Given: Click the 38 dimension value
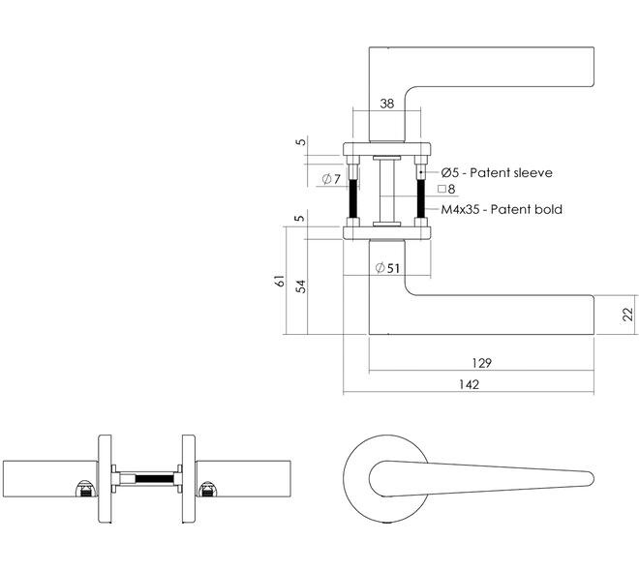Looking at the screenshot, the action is pyautogui.click(x=386, y=104).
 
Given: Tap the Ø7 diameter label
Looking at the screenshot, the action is pyautogui.click(x=331, y=179).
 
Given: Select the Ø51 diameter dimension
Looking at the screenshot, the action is pyautogui.click(x=387, y=268).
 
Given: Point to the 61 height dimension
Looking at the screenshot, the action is pyautogui.click(x=280, y=281).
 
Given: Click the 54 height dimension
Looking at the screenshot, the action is pyautogui.click(x=300, y=285).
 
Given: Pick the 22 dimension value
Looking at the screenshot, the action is pyautogui.click(x=628, y=315).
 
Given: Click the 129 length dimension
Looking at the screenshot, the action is pyautogui.click(x=482, y=363).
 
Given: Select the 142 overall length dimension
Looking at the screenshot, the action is pyautogui.click(x=469, y=384).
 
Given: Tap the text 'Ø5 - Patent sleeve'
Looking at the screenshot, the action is pyautogui.click(x=497, y=172).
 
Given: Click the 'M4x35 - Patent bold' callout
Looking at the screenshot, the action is pyautogui.click(x=502, y=209).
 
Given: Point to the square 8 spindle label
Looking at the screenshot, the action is pyautogui.click(x=446, y=189).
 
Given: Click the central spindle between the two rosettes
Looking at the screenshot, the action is pyautogui.click(x=386, y=191).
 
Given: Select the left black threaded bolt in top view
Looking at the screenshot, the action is pyautogui.click(x=353, y=198).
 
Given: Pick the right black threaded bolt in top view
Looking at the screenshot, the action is pyautogui.click(x=421, y=198).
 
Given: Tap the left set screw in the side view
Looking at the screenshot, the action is pyautogui.click(x=85, y=489).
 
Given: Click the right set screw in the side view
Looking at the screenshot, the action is pyautogui.click(x=208, y=489).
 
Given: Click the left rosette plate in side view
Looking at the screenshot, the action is pyautogui.click(x=106, y=478).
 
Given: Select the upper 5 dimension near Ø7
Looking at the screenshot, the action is pyautogui.click(x=300, y=141).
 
